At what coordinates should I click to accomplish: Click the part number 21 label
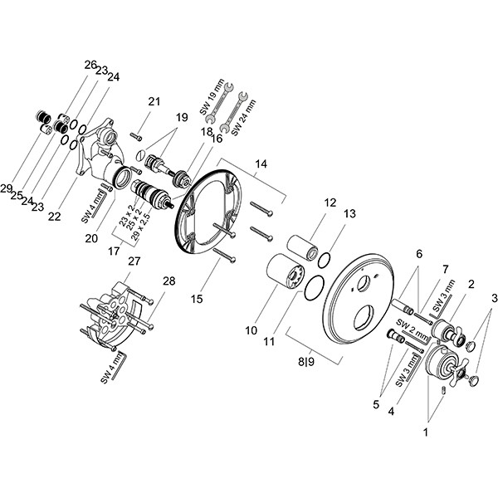[154, 101]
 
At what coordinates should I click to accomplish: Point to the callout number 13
[349, 213]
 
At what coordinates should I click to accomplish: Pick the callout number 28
[169, 281]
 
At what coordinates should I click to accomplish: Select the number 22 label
[55, 216]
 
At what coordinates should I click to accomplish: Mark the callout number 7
[445, 270]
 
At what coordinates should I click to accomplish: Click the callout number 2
[470, 284]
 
